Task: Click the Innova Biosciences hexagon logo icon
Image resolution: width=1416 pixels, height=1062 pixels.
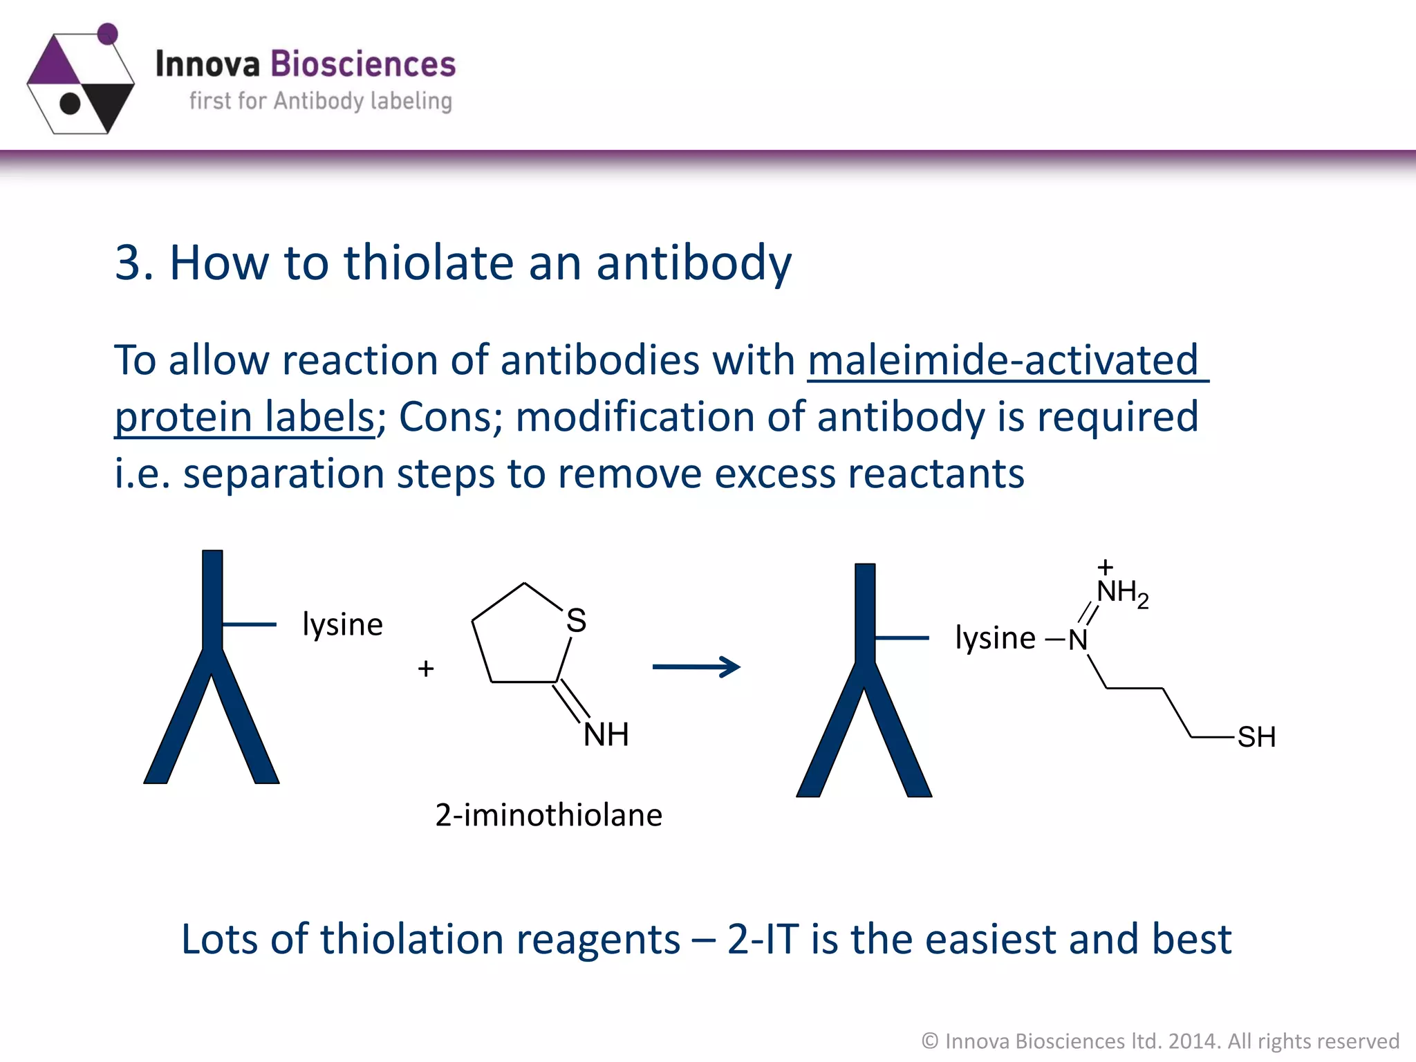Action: click(x=81, y=81)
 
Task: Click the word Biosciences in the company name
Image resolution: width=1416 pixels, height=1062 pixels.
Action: click(x=362, y=64)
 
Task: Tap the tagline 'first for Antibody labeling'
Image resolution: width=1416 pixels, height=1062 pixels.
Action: click(x=321, y=101)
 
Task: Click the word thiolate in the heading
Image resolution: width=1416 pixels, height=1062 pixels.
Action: click(x=429, y=263)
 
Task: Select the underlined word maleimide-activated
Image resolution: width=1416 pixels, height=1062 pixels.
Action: click(x=1003, y=360)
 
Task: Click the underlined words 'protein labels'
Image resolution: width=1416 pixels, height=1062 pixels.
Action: click(x=245, y=417)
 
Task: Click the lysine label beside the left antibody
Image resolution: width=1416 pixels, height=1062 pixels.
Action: click(x=342, y=624)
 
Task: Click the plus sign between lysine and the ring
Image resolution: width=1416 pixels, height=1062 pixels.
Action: click(x=426, y=669)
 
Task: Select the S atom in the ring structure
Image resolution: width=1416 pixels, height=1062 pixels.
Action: click(x=576, y=620)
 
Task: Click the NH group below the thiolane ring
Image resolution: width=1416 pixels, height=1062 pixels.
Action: click(x=606, y=734)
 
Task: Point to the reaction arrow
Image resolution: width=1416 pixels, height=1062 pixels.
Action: click(x=696, y=667)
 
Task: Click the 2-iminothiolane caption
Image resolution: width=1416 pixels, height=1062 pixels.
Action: click(x=548, y=815)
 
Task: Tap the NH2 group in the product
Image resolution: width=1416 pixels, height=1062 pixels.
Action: click(x=1121, y=593)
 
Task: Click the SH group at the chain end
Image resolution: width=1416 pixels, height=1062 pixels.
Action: click(x=1256, y=737)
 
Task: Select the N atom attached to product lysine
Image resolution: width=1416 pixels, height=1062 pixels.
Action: click(x=1078, y=640)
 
